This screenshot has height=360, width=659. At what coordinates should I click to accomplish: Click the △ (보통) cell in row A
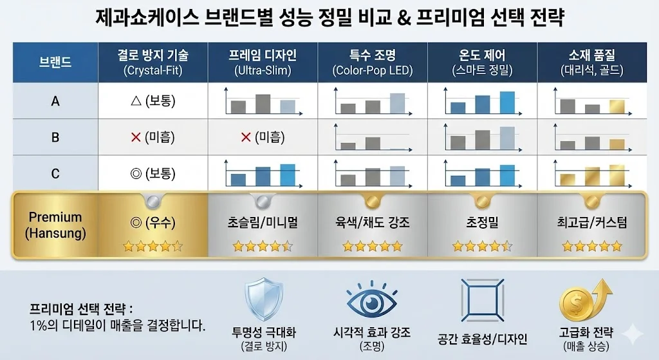pyautogui.click(x=153, y=101)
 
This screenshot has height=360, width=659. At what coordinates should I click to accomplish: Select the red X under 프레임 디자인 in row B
pyautogui.click(x=245, y=137)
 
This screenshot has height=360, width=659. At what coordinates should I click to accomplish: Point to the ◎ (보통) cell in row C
pyautogui.click(x=153, y=173)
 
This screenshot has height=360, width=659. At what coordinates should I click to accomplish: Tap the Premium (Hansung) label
pyautogui.click(x=55, y=225)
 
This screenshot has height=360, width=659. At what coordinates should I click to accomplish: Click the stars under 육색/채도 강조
pyautogui.click(x=373, y=246)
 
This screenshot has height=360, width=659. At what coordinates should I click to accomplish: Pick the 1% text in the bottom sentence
pyautogui.click(x=39, y=325)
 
